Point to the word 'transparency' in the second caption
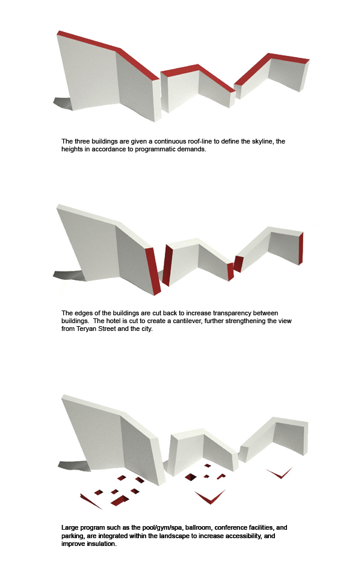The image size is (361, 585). pos(232,313)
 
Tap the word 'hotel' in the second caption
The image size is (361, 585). pos(114,321)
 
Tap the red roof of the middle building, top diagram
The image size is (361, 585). pos(198,74)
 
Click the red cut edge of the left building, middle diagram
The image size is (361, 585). pos(153,270)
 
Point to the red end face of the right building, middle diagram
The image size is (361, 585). pos(301,248)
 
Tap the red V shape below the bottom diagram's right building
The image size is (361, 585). pos(280,473)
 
